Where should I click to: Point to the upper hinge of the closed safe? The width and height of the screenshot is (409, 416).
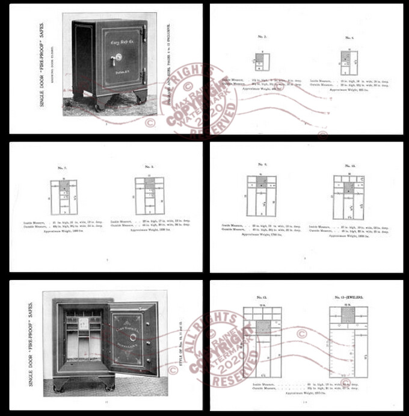(144, 30)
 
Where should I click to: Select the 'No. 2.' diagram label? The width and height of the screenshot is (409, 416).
(262, 37)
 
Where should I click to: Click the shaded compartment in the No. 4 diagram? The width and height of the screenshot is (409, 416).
(346, 56)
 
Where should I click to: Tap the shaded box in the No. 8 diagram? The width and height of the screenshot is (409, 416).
(148, 183)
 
